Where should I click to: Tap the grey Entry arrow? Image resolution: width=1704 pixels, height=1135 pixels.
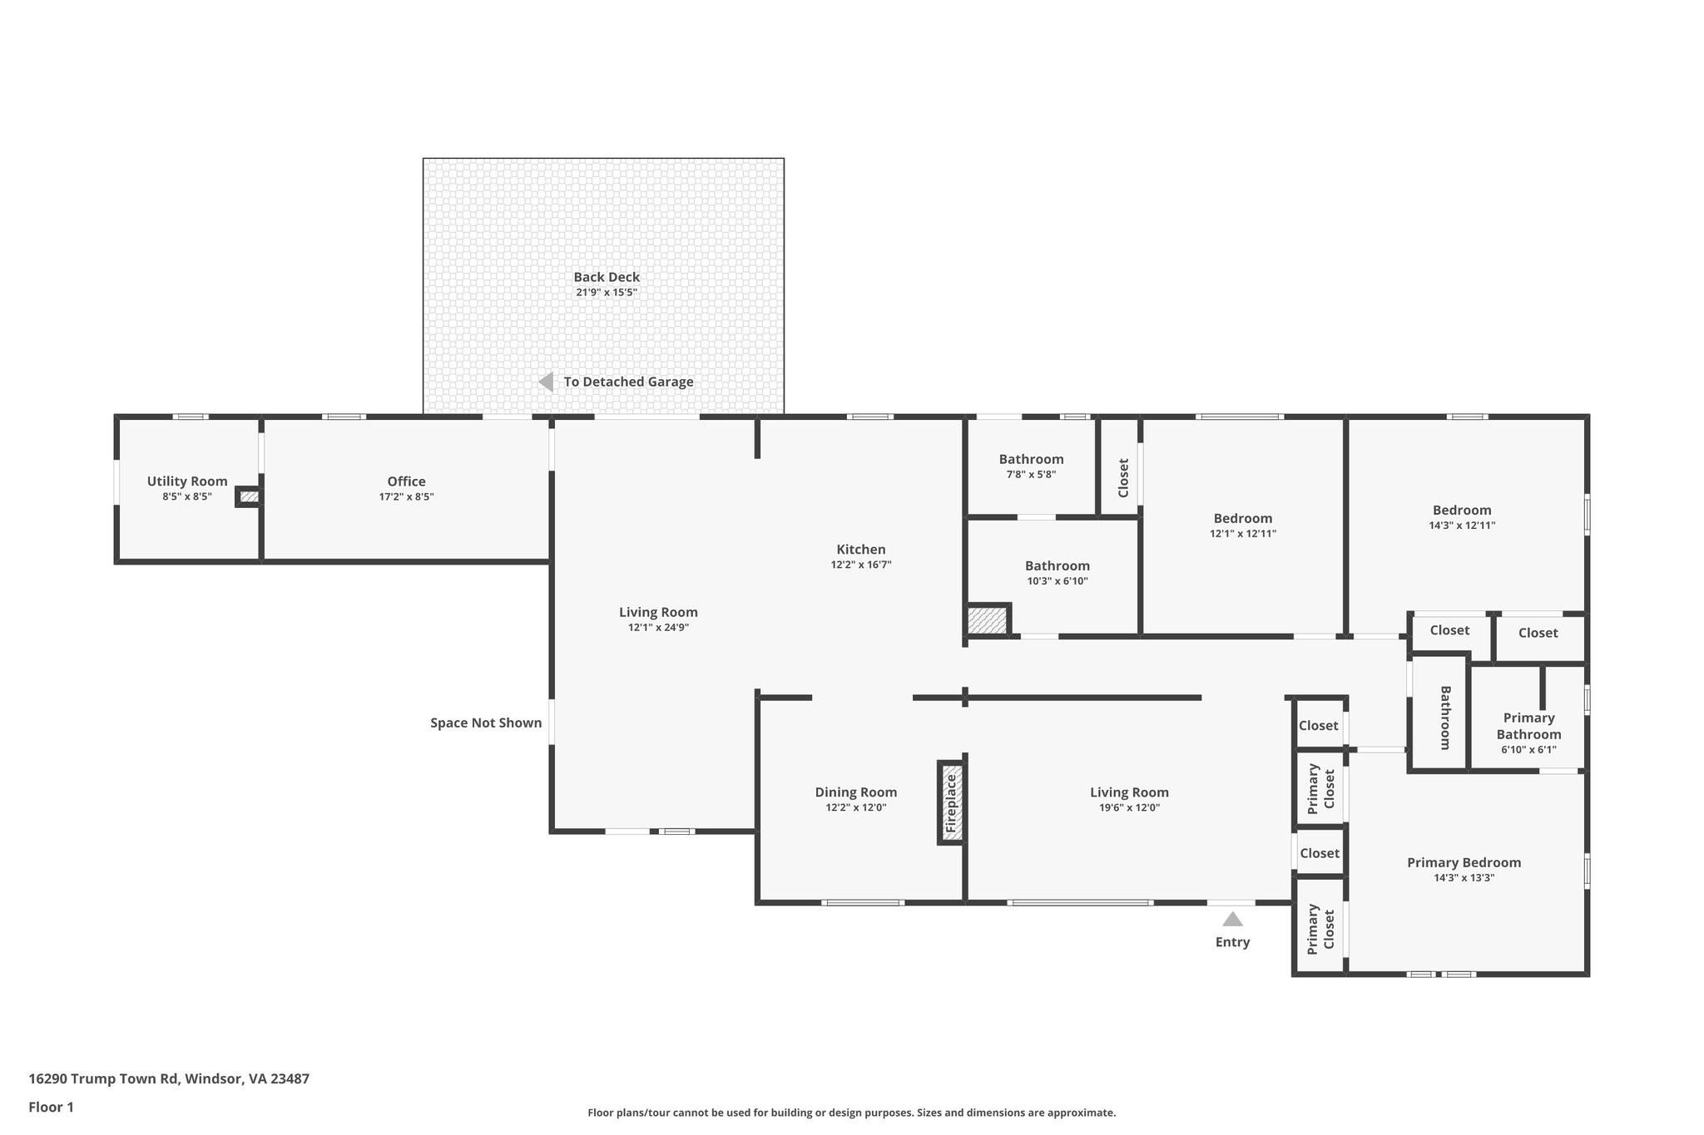point(1232,919)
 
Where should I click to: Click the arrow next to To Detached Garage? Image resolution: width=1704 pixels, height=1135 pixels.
point(547,382)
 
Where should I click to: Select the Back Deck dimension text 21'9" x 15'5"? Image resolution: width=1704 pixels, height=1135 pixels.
point(607,293)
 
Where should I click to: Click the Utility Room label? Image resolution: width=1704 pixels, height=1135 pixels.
point(187,481)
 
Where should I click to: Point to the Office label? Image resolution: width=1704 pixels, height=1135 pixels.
point(406,481)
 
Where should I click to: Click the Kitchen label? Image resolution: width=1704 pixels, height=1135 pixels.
point(860,550)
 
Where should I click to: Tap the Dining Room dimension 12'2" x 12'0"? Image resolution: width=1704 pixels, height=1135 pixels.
point(855,807)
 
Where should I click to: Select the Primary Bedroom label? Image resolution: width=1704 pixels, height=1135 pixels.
point(1464,862)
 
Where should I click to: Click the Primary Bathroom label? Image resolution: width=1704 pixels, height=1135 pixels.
point(1528,726)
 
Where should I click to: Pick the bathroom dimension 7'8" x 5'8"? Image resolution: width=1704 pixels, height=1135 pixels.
point(1031,475)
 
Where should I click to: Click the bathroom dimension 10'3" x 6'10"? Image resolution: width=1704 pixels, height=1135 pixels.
point(1057,581)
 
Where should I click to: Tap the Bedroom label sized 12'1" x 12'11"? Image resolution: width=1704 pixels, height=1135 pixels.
point(1242,518)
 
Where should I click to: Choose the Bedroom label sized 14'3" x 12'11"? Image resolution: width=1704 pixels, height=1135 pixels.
point(1461,511)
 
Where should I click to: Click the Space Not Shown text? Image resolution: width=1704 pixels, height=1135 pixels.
point(486,723)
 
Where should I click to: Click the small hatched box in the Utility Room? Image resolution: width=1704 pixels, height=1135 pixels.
point(249,497)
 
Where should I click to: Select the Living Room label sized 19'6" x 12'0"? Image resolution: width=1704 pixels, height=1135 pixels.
point(1129,792)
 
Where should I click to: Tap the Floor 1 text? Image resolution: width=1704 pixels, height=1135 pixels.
point(51,1107)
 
